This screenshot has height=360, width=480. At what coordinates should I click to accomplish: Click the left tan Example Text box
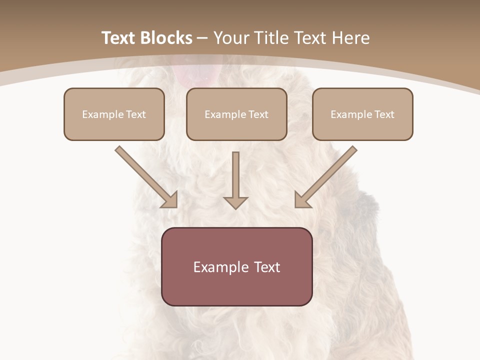114,114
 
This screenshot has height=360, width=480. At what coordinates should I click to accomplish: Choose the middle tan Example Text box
236,114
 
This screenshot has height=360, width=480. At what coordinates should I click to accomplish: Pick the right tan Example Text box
362,114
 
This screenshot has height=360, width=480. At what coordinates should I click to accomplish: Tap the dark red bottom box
236,266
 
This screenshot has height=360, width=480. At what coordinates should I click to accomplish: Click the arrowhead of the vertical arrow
235,202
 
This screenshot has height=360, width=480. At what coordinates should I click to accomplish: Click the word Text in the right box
384,114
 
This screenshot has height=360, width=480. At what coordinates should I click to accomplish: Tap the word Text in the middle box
258,114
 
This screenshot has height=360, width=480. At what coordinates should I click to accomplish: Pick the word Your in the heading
232,38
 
